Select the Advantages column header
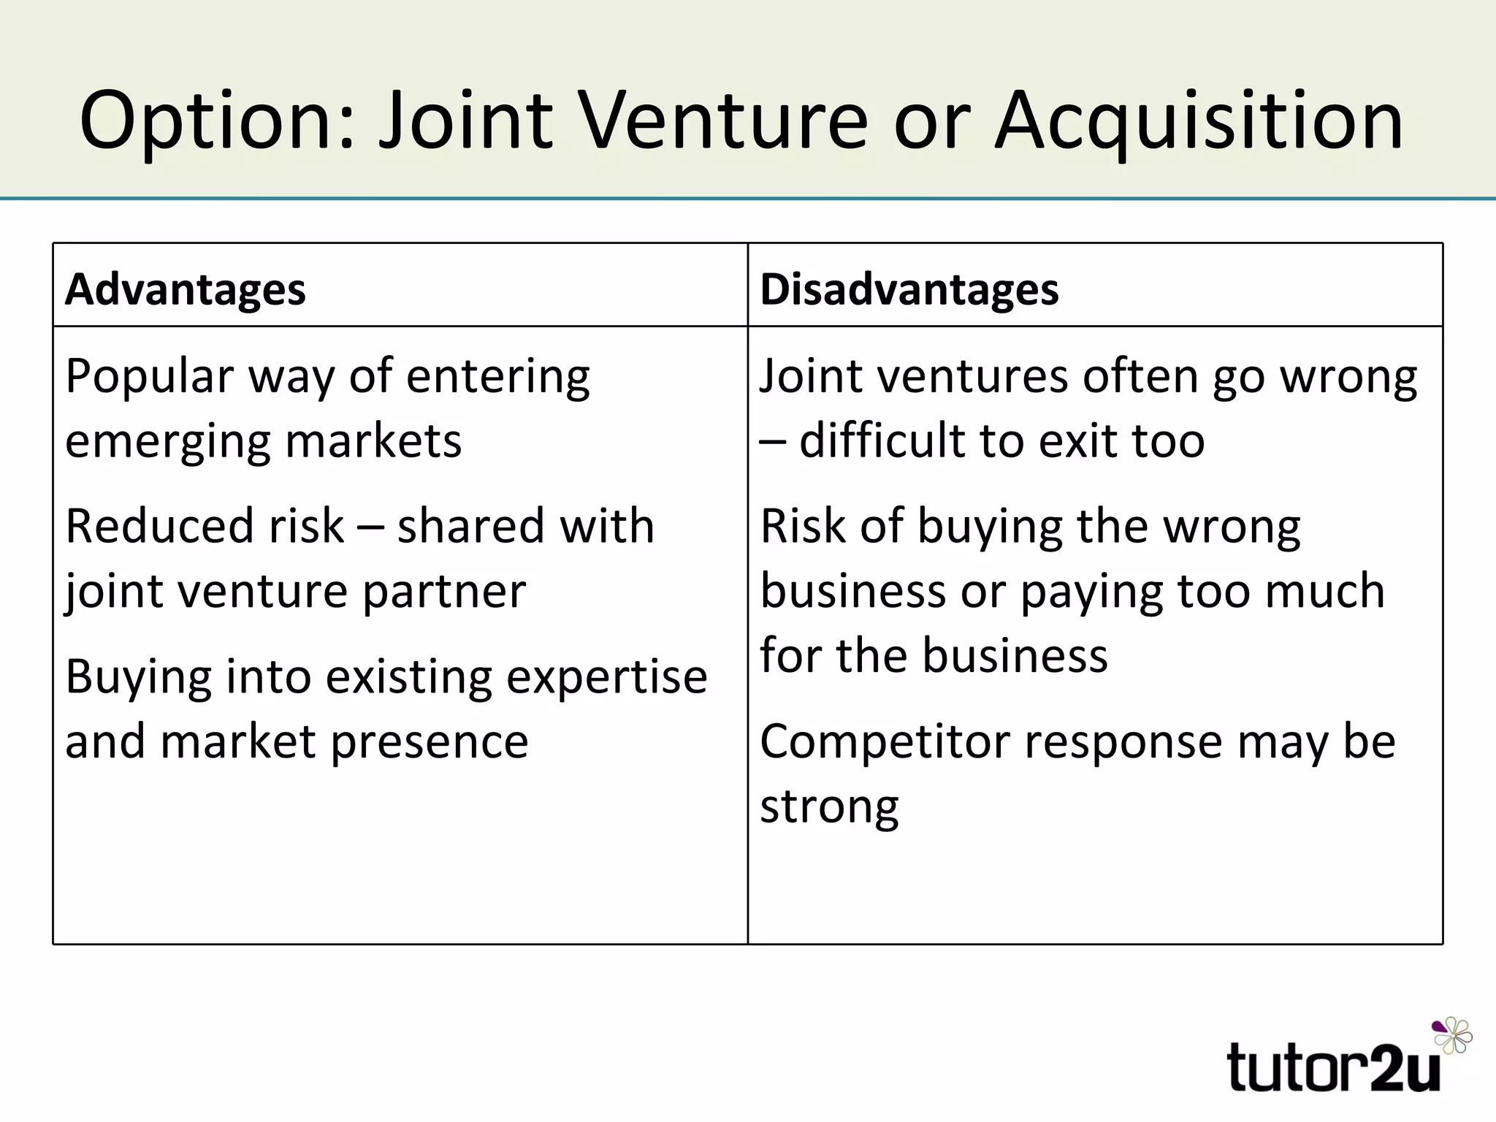click(186, 289)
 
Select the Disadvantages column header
click(909, 289)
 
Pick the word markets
click(373, 441)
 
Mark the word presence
click(430, 742)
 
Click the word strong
click(829, 808)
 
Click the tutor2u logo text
click(1332, 1068)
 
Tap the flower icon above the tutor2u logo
click(1452, 1034)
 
